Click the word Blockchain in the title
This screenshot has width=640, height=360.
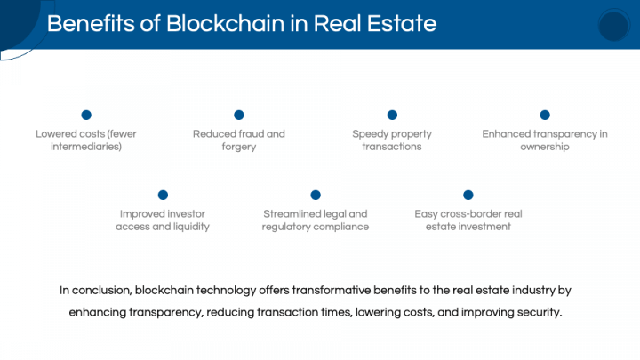225,23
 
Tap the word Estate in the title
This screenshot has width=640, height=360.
402,23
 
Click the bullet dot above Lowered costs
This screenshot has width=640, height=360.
86,115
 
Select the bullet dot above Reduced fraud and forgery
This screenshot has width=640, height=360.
239,115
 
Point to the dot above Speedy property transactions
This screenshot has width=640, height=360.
392,115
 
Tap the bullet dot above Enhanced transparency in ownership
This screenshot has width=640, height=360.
545,115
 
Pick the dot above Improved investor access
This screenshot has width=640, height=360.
163,195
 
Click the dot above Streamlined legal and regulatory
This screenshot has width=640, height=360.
315,195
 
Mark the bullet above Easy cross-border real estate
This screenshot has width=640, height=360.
468,195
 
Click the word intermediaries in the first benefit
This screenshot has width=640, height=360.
86,147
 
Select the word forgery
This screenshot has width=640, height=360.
239,147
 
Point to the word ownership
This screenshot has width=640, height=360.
545,147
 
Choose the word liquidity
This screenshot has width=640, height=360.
191,227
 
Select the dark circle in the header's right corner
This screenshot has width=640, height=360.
613,25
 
